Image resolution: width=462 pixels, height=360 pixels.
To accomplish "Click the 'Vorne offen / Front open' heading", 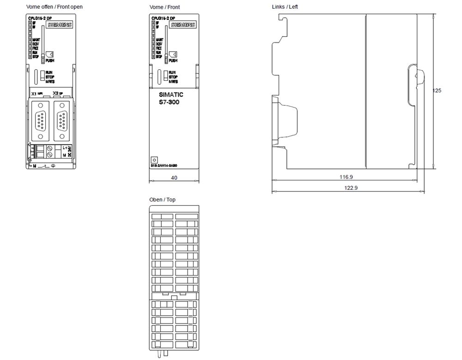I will (55, 7).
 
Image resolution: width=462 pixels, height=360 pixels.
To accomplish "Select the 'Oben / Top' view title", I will (162, 200).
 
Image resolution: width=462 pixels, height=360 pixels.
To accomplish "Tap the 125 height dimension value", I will (437, 90).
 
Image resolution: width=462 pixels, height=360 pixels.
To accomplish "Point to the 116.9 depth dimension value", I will (345, 177).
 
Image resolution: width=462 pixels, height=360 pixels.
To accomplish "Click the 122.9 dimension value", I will (345, 187).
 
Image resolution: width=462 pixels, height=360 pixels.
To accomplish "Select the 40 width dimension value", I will (174, 177).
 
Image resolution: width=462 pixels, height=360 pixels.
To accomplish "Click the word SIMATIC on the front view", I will (168, 95).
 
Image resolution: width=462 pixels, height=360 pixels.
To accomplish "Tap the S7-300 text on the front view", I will (166, 102).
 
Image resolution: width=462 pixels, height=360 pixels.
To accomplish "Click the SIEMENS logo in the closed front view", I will (183, 25).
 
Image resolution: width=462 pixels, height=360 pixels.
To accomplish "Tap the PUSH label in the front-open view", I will (50, 60).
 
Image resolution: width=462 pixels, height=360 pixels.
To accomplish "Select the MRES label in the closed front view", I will (173, 82).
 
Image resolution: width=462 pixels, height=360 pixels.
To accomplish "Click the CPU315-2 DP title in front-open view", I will (39, 18).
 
